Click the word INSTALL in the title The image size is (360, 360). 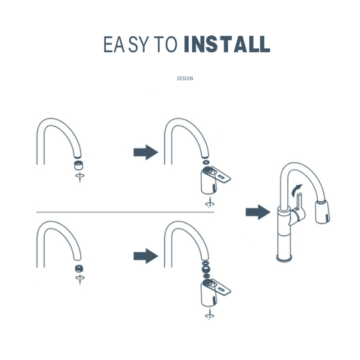(227, 44)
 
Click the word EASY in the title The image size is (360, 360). (124, 44)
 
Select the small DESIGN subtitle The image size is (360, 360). (185, 79)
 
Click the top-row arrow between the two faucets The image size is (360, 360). (145, 152)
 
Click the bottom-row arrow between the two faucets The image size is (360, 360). (145, 256)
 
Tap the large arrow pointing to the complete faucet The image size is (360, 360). (258, 212)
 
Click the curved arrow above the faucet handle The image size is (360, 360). (297, 190)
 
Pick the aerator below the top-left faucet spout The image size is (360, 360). (79, 165)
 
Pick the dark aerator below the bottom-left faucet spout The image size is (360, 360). (79, 268)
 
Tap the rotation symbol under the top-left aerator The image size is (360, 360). (80, 177)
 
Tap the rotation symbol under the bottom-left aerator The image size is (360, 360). (80, 279)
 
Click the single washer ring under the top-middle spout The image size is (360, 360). (206, 162)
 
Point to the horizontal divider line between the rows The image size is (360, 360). (125, 212)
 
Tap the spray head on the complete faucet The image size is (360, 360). (322, 211)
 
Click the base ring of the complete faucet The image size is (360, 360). (285, 258)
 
